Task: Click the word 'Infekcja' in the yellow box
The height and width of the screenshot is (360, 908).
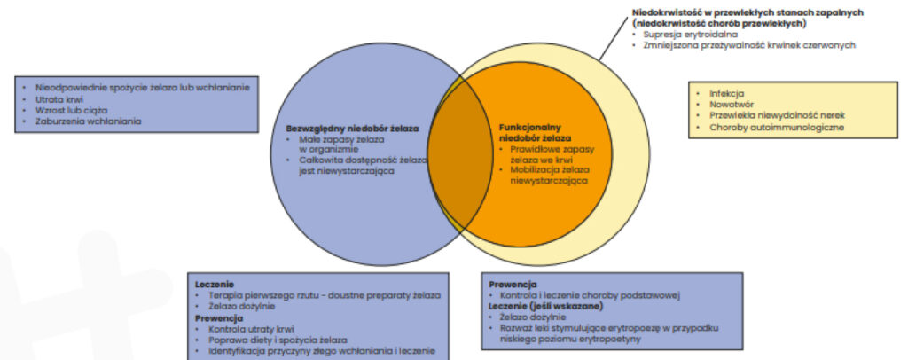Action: (x=726, y=93)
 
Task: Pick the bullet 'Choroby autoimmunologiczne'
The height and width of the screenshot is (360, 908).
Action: (x=776, y=128)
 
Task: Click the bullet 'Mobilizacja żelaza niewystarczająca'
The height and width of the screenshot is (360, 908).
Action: (x=549, y=174)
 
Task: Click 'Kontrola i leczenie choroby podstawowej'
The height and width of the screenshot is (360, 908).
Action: (x=590, y=294)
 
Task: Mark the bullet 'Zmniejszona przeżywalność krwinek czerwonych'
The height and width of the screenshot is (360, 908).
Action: (x=749, y=44)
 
